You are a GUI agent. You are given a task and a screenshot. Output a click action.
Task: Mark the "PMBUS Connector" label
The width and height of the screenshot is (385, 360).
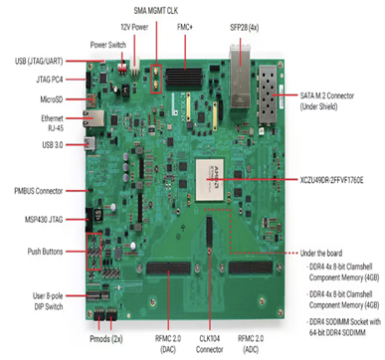click(39, 189)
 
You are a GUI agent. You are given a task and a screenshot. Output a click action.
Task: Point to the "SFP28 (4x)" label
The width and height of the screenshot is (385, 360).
click(243, 27)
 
